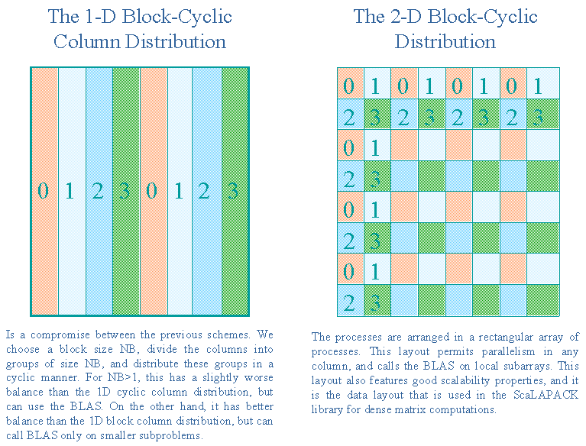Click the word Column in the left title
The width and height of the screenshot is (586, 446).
coord(87,41)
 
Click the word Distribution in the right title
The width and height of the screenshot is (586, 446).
coord(445,41)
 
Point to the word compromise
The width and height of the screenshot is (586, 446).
coord(60,335)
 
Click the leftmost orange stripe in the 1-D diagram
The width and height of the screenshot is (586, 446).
coord(44,191)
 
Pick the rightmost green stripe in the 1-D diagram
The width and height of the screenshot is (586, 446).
coord(235,191)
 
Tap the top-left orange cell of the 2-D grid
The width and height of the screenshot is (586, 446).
coord(351,83)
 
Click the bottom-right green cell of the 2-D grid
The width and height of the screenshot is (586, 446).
coord(543,300)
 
